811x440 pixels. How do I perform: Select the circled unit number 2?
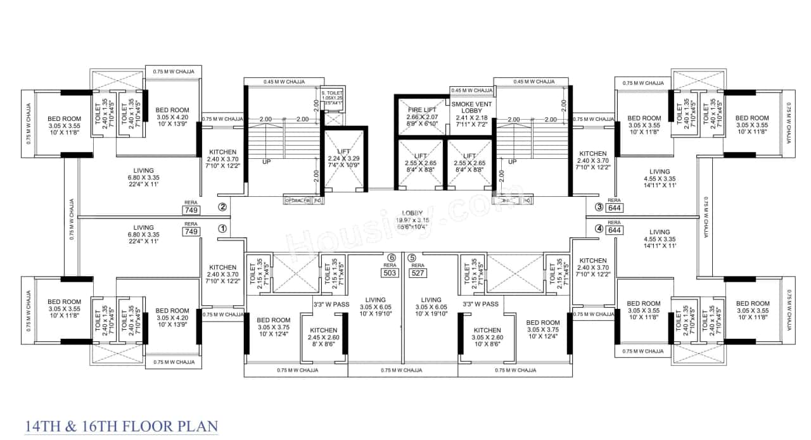point(222,206)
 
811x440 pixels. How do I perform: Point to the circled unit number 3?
point(599,206)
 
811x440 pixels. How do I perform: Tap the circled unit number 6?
point(392,258)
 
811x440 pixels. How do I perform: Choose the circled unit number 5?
point(412,258)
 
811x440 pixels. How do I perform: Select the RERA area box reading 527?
point(417,273)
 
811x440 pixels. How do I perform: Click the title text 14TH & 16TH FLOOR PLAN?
point(121,425)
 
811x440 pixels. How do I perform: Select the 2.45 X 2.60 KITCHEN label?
point(323,334)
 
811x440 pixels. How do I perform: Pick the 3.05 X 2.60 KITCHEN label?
point(488,334)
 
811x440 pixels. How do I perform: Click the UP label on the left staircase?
point(267,161)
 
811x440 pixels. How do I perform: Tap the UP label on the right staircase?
point(512,161)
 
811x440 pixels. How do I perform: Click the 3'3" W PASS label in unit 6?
point(331,305)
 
